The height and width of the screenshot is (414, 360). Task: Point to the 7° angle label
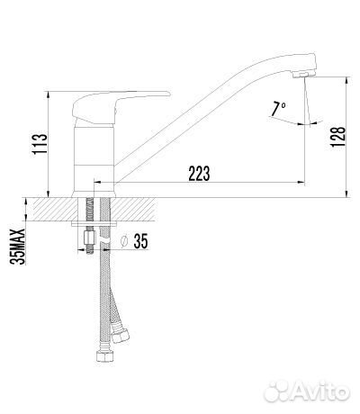pos(279,108)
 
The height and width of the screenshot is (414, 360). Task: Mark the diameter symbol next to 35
pos(124,241)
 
